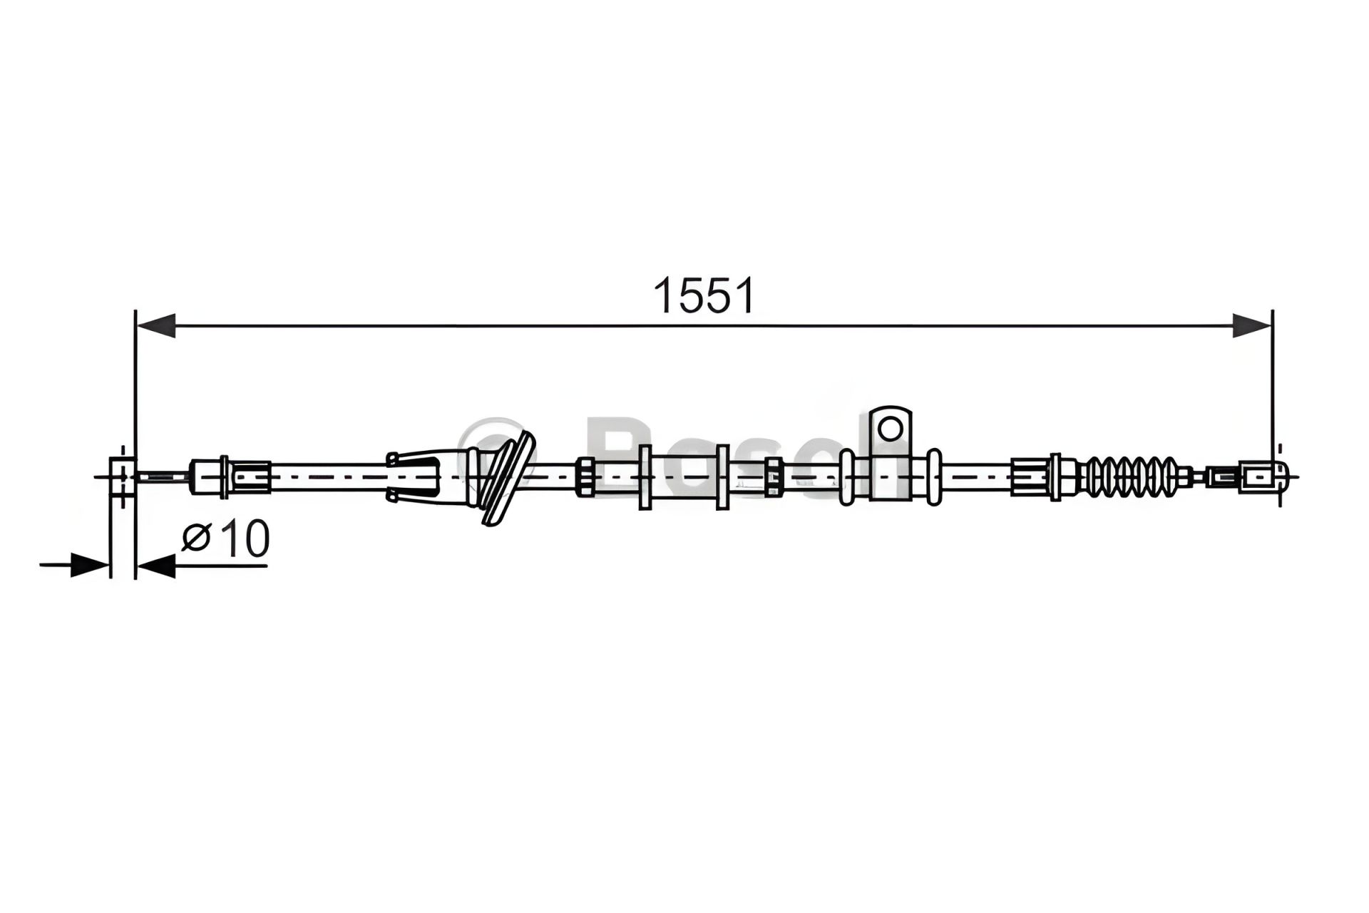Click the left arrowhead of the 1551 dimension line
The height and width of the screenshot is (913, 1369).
coord(155,326)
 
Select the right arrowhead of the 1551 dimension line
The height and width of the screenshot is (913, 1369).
coord(1252,326)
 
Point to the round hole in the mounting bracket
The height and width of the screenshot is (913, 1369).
coord(890,428)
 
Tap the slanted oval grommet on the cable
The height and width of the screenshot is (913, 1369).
coord(506,478)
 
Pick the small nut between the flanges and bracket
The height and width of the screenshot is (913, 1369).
coord(773,476)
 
